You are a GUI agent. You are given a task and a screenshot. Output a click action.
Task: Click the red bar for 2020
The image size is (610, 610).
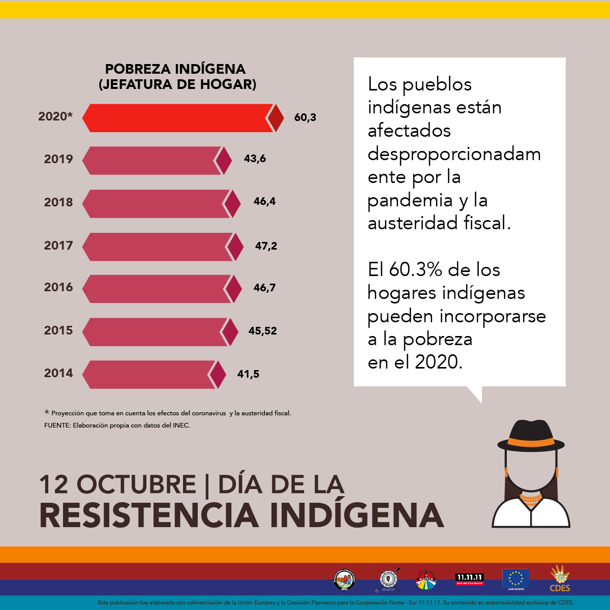(x=178, y=118)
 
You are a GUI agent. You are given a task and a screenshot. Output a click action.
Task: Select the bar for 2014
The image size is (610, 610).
(x=150, y=375)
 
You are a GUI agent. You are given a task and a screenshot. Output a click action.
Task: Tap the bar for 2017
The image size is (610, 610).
(x=155, y=247)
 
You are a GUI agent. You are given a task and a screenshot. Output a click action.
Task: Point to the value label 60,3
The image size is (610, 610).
(x=305, y=117)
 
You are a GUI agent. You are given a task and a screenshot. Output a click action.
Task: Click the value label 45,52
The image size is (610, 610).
(x=263, y=331)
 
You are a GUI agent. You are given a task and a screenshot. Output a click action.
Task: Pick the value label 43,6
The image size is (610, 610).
(x=255, y=159)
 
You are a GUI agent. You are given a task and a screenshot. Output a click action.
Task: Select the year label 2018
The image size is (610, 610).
(x=58, y=202)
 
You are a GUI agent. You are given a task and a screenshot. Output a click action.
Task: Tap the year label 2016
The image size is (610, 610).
(x=58, y=287)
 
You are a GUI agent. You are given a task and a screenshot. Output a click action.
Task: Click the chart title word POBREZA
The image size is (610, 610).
(x=137, y=69)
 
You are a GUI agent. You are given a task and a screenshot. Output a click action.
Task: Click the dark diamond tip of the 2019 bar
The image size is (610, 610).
(x=223, y=161)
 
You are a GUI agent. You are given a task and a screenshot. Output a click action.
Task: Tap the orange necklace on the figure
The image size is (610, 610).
(x=531, y=499)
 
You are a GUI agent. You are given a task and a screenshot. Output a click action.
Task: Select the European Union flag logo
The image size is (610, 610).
(x=515, y=578)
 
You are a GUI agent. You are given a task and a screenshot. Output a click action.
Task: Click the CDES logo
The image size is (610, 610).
(x=560, y=579)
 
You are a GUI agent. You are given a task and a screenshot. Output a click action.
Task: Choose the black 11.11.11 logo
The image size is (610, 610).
(x=469, y=579)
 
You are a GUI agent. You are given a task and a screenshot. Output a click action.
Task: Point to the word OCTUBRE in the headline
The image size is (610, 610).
(x=136, y=484)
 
